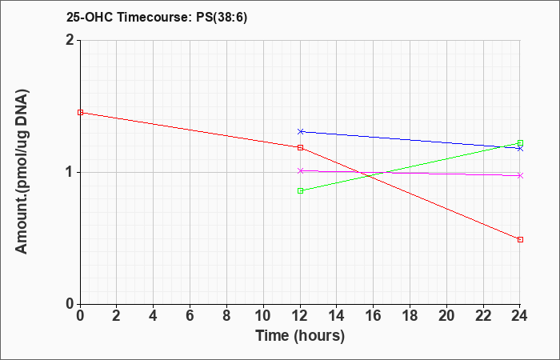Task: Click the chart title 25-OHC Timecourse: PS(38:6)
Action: click(157, 18)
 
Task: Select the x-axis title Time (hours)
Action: click(300, 336)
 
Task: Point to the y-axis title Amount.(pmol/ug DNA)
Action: click(22, 172)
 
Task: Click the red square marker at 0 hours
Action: click(80, 113)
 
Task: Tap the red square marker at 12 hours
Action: click(300, 147)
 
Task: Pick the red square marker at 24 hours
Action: click(520, 240)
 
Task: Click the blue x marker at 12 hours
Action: click(300, 132)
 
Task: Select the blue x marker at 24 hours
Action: click(520, 148)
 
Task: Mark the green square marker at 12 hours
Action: click(300, 190)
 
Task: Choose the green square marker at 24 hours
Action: click(520, 143)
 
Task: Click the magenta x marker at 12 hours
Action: click(300, 170)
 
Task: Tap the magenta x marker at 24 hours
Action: click(520, 175)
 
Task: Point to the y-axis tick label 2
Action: click(70, 40)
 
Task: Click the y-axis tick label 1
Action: click(70, 173)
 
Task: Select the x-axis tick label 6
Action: click(190, 316)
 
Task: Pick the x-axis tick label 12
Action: click(300, 316)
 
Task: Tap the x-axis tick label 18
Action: click(410, 316)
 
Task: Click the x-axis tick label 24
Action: click(519, 316)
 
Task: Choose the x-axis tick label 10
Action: click(263, 316)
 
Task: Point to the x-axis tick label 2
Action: click(117, 316)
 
